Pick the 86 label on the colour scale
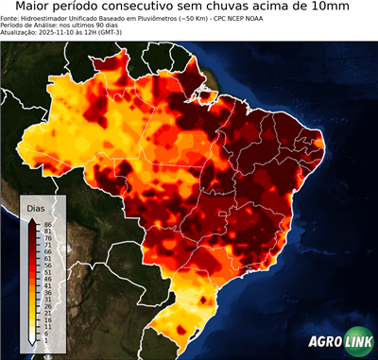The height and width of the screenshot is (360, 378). (x=47, y=224)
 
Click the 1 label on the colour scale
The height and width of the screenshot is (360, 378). (x=45, y=340)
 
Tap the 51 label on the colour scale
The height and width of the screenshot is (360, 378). (x=47, y=272)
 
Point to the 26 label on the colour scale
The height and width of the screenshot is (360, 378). (x=47, y=306)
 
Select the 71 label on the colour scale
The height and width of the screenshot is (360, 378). (x=47, y=245)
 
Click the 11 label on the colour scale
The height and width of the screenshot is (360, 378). (x=47, y=326)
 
